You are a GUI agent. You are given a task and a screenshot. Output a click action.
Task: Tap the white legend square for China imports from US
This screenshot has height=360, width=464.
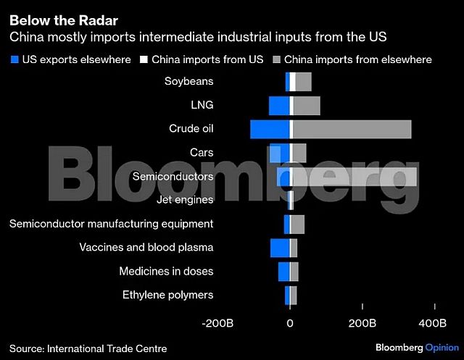click(144, 59)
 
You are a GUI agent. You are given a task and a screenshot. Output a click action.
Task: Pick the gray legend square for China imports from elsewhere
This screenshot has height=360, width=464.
click(276, 59)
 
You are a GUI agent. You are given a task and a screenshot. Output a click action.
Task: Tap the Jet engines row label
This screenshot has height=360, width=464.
click(185, 200)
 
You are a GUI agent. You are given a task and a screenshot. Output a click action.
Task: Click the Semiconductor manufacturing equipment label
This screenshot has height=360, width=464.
click(111, 224)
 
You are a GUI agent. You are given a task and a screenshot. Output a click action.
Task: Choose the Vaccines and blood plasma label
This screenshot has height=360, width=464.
click(146, 248)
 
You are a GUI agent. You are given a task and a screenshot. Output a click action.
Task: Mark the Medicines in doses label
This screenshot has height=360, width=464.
click(166, 272)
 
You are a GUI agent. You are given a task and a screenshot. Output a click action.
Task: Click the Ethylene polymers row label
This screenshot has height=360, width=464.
click(167, 295)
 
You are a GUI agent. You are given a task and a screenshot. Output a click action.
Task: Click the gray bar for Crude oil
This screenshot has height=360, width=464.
click(352, 129)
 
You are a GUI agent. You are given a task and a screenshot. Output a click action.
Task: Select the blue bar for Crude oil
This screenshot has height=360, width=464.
click(270, 129)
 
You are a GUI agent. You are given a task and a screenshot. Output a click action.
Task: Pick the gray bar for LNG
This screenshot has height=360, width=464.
click(306, 106)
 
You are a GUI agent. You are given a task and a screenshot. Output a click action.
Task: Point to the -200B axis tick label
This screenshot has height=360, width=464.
click(218, 322)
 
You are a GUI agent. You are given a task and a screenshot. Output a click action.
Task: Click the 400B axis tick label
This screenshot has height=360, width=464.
click(434, 322)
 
